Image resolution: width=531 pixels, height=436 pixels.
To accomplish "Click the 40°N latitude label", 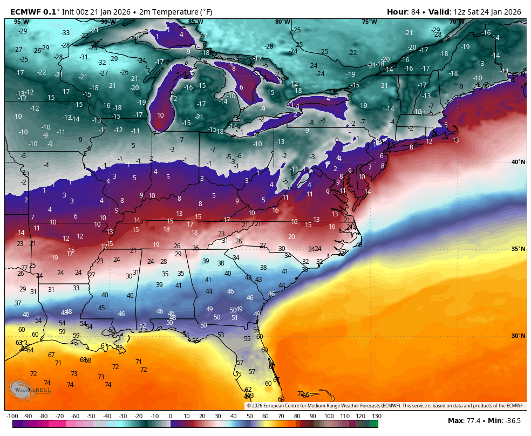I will coord(518,162).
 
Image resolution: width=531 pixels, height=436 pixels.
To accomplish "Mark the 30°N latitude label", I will coord(518,336).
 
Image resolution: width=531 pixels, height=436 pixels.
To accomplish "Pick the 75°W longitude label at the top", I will coord(370,22).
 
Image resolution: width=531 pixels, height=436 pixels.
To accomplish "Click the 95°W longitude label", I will coord(22,22).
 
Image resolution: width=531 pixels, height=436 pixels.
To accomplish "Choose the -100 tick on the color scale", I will coord(12,416).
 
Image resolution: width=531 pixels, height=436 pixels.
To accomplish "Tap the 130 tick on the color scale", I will coord(376,416).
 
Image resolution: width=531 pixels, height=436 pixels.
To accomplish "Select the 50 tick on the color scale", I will coord(250,416).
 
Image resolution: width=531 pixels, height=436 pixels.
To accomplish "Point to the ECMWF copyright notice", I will coord(385,406).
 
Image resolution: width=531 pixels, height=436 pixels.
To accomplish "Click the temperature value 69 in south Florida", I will coord(281,399).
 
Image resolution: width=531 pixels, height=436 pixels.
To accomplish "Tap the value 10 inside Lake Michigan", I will coord(160,115).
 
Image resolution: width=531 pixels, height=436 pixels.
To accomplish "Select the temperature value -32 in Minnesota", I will coord(101,62).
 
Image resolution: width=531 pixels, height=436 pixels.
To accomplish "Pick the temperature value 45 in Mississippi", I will coord(101,308).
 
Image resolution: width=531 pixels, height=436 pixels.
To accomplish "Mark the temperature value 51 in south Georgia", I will coord(235,318).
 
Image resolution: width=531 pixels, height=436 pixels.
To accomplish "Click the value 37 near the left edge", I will coord(18,303).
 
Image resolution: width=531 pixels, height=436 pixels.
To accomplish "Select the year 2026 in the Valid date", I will coord(512,12).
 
